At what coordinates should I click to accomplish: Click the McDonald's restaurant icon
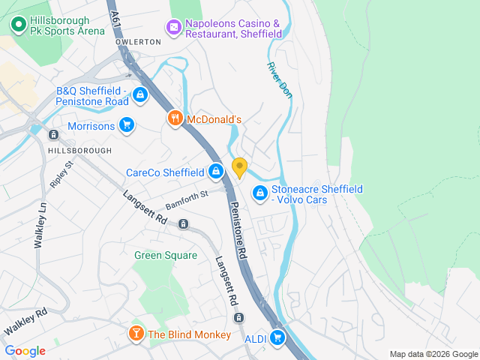coord(175,118)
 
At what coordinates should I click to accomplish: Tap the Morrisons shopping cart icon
coord(127,125)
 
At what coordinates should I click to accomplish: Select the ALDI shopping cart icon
coord(278,338)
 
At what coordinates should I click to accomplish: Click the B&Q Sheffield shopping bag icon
coord(140,95)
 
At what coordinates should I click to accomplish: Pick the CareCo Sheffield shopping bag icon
coord(216,172)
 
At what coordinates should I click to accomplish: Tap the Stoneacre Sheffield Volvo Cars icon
coord(260,193)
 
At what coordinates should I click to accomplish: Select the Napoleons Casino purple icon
coord(174,28)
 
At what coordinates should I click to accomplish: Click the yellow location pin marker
coord(240,168)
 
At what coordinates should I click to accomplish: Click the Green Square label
coord(166,255)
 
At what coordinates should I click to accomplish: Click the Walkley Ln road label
coord(40,226)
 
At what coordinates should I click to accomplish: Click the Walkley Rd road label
coord(25,322)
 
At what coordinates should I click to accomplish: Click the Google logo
coord(25,350)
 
